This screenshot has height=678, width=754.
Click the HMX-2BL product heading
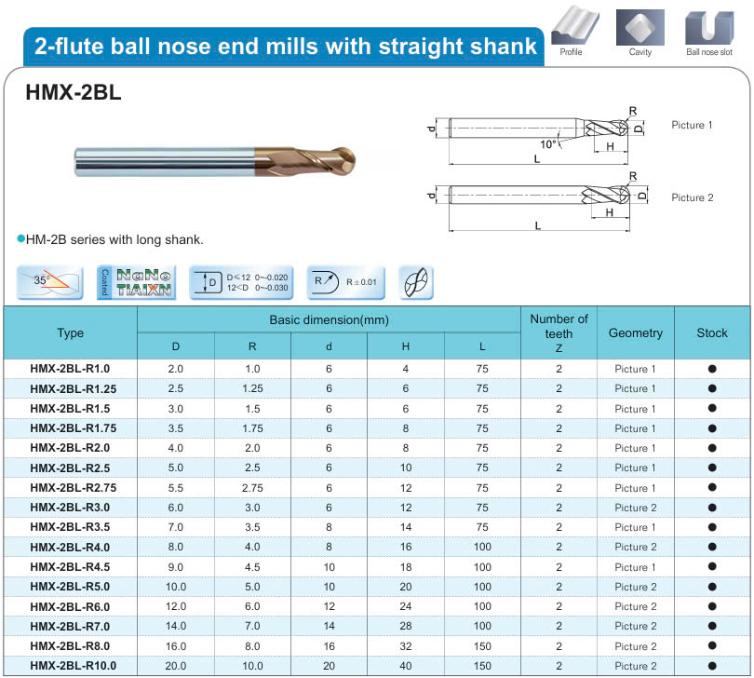click(74, 92)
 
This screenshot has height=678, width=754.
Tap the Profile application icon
click(574, 26)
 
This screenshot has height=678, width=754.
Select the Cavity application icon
click(640, 27)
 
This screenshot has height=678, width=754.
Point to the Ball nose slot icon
click(709, 27)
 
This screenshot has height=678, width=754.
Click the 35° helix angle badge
click(49, 282)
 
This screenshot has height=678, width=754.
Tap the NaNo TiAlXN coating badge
click(137, 282)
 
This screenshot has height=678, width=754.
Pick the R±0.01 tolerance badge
click(345, 282)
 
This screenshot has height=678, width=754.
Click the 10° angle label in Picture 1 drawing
click(547, 143)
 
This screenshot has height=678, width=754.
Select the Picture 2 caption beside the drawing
click(692, 197)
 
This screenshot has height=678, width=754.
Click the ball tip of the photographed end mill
click(347, 160)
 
